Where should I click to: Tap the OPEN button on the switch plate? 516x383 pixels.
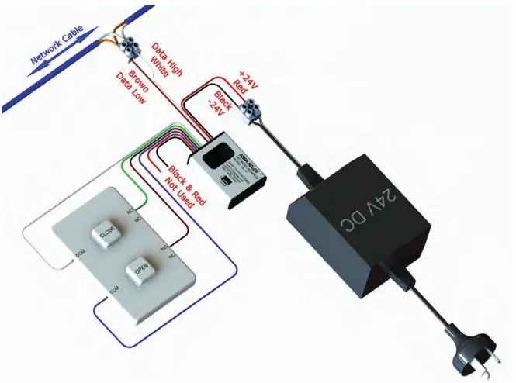pos(140,271)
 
